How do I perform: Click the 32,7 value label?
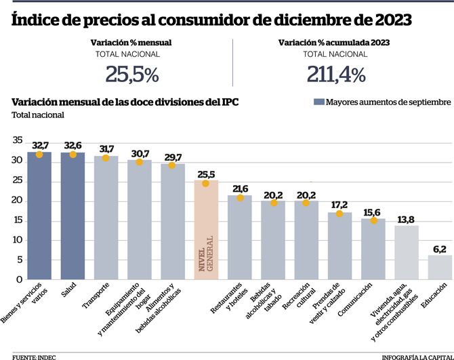coord(39,144)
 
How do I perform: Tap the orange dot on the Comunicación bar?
coord(373,220)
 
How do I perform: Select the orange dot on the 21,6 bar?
coord(240,197)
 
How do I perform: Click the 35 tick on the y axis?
coord(16,141)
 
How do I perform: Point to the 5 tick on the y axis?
coord(19,260)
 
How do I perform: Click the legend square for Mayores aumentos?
coord(318,102)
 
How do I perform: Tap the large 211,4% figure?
coord(337,73)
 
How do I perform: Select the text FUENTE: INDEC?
coord(34,355)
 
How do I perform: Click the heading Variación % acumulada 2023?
coord(335,42)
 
